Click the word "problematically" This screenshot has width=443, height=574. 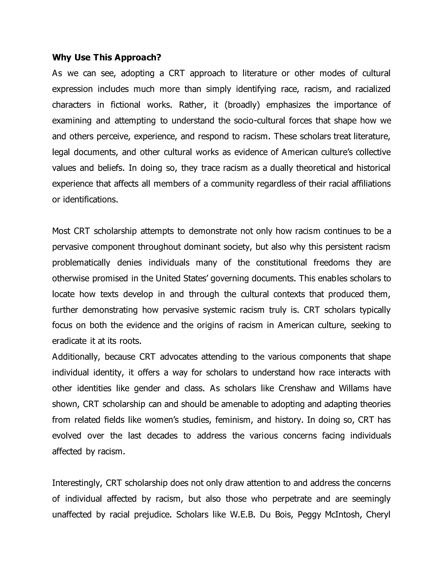click(81, 263)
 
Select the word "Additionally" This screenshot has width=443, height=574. click(76, 357)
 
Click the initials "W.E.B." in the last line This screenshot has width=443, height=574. click(242, 515)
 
